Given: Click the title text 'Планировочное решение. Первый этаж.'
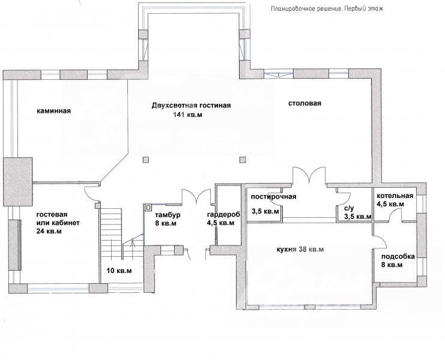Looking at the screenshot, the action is tap(328, 8).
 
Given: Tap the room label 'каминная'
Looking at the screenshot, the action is tap(53, 110).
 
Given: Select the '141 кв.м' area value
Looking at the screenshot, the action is tap(187, 115).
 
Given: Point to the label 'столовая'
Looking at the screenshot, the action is tap(305, 103).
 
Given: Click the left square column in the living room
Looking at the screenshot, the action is tap(145, 160).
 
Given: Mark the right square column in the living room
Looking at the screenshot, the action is tap(243, 160).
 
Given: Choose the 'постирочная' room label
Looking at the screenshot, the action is tap(274, 197).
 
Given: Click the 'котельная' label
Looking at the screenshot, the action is tap(395, 196).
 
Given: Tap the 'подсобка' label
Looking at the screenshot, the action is tap(398, 257).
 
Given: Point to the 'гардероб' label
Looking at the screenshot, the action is tap(223, 215).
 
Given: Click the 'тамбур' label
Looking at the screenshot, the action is tap(168, 215).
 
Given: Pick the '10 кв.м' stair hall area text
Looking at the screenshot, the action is tap(119, 271).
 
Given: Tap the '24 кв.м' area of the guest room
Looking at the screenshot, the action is tap(49, 231).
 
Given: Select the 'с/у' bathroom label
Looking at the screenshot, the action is tap(349, 208).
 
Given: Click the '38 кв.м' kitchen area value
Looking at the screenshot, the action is tap(309, 250).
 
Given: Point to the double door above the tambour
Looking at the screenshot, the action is tap(196, 196).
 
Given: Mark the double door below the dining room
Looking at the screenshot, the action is tap(309, 175).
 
